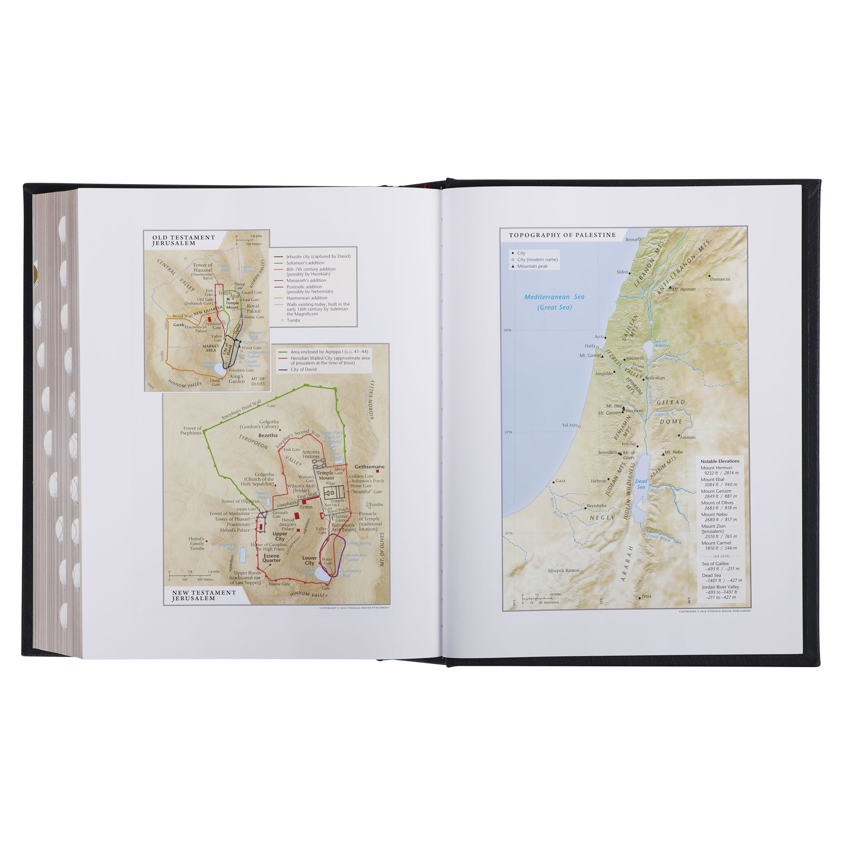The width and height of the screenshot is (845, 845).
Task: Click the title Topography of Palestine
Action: pos(562,235)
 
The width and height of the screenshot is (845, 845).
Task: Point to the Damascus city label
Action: pos(720,279)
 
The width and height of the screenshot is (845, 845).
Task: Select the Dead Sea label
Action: pos(641,484)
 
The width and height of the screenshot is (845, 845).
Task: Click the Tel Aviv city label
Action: pos(569,425)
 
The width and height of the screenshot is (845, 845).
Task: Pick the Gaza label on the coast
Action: pos(560,481)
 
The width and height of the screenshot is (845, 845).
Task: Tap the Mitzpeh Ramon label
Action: pos(563,571)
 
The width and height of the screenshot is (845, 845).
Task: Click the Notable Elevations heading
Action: pos(720,461)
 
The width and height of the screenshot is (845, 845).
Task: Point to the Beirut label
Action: pos(632,239)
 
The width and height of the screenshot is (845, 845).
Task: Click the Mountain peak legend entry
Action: pos(532,266)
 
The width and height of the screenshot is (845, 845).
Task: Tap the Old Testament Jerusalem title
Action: pos(183,240)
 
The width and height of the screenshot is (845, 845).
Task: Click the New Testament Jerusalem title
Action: pos(204,595)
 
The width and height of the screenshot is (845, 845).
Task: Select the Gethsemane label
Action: pos(369,467)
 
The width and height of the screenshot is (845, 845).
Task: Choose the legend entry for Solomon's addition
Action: pos(305,263)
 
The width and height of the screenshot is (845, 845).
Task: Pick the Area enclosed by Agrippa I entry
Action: pos(329,352)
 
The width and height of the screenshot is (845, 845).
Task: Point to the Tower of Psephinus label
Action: pos(192,431)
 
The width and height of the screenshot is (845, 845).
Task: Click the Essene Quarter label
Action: pos(271,558)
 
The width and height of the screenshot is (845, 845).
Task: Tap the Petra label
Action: pos(646,596)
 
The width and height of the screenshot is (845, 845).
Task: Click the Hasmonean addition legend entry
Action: pos(307,298)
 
